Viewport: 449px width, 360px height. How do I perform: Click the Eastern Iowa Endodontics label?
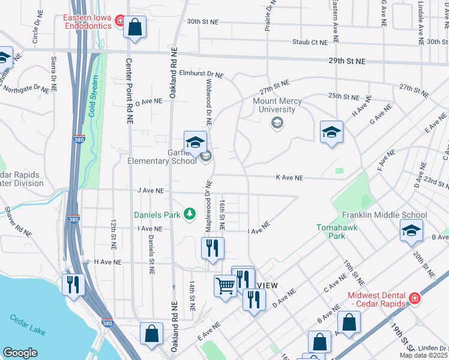coord(89,22)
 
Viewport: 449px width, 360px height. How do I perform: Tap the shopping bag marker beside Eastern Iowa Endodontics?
coord(134,28)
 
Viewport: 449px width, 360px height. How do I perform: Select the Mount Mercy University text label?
coord(273,105)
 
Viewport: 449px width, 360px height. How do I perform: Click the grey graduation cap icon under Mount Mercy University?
coord(277,123)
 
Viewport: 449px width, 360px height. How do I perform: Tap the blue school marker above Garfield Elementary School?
coord(195,143)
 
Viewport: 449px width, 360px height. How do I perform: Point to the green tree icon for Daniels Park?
coord(190,213)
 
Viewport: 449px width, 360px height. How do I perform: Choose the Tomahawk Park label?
coord(331,232)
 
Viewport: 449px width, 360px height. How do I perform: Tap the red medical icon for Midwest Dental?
coord(414,298)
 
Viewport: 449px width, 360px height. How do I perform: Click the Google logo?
coord(20,352)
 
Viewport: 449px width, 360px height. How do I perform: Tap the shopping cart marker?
coord(225,286)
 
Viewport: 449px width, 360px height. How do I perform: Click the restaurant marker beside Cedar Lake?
coord(74,284)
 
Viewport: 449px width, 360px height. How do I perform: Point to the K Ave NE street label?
coord(289,178)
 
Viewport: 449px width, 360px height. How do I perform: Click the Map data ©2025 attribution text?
coord(424,355)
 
